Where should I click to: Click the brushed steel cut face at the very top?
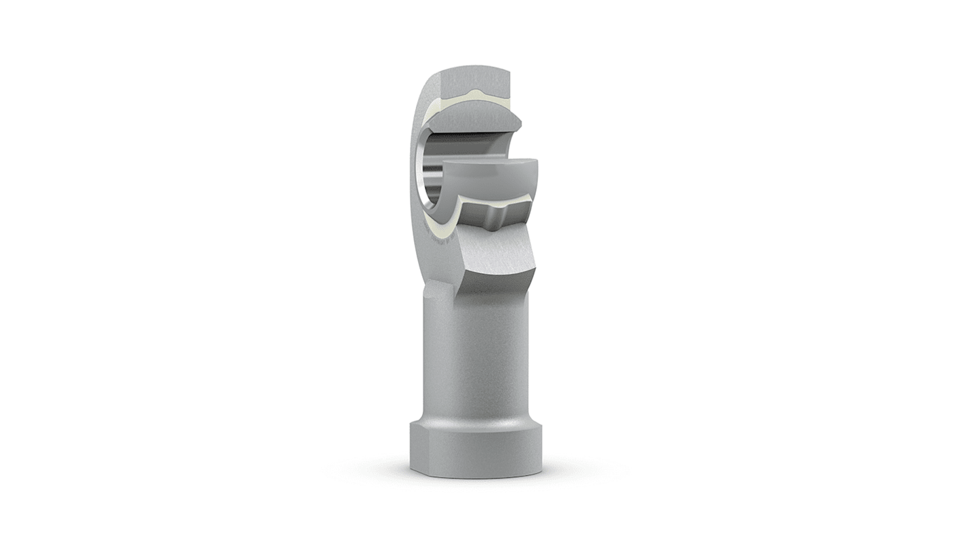474,78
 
